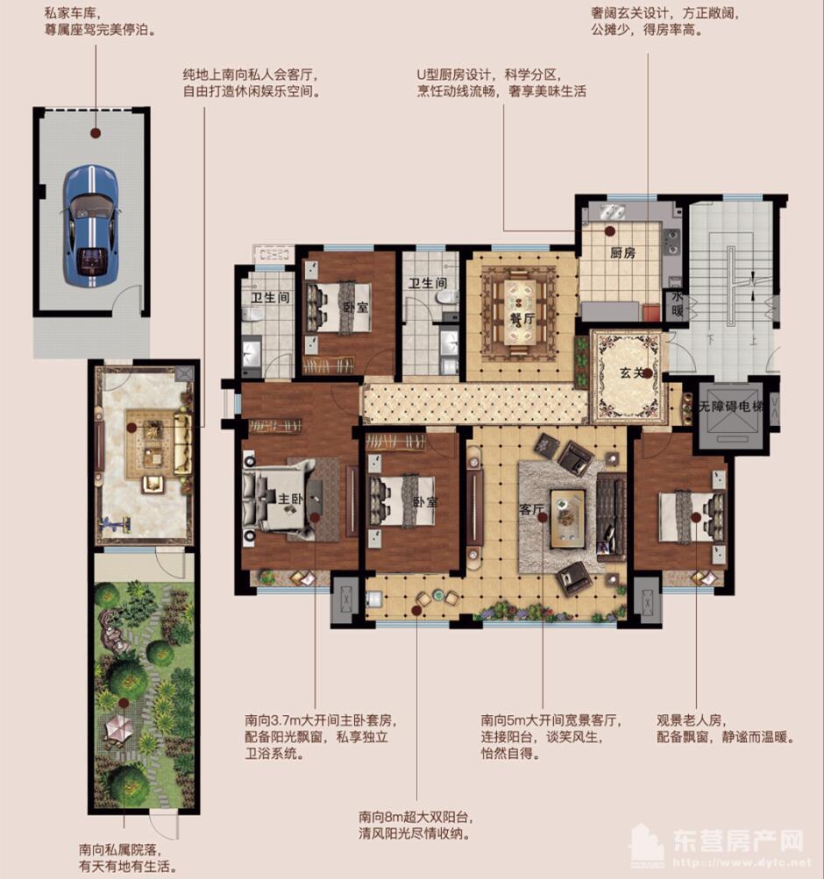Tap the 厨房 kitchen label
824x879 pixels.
pos(622,252)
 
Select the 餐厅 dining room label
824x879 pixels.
pos(522,318)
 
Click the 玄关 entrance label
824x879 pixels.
pos(632,372)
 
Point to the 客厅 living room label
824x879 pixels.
pos(531,509)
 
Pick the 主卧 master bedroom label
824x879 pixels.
pos(291,498)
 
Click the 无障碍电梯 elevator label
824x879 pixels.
pos(730,407)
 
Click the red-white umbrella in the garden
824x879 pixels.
pos(119,729)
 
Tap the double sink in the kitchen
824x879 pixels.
pos(610,212)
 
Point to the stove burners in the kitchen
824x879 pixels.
pos(671,242)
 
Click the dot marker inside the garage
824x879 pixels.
pos(96,133)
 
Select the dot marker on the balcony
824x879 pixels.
pos(416,610)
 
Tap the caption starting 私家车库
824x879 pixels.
pos(99,22)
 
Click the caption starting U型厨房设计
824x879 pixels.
pos(501,82)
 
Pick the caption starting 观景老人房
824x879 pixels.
pos(725,728)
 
